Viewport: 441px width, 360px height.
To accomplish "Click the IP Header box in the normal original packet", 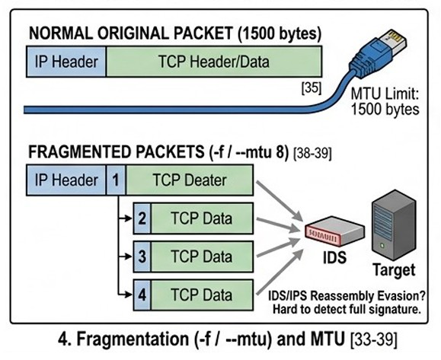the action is pyautogui.click(x=66, y=62).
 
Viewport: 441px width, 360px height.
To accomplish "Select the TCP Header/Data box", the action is pyautogui.click(x=214, y=62).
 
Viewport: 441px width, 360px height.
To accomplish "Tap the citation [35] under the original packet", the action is pyautogui.click(x=311, y=88).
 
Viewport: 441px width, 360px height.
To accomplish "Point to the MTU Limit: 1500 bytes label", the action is pyautogui.click(x=385, y=101).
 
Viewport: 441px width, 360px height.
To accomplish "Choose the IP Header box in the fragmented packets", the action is pyautogui.click(x=66, y=180).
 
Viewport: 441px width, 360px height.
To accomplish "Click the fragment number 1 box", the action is pyautogui.click(x=116, y=180).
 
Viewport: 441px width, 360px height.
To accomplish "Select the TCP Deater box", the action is pyautogui.click(x=190, y=180).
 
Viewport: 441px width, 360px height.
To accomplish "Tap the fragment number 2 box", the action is pyautogui.click(x=142, y=218).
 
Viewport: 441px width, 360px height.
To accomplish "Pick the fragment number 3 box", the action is pyautogui.click(x=142, y=256).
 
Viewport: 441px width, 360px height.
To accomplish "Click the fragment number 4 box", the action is pyautogui.click(x=142, y=295).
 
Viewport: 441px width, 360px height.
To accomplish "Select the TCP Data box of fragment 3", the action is pyautogui.click(x=202, y=256).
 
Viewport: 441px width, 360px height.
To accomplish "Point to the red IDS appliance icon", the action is pyautogui.click(x=334, y=231).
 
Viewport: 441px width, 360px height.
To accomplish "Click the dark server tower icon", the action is pyautogui.click(x=394, y=225).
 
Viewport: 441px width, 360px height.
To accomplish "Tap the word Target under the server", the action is pyautogui.click(x=394, y=270).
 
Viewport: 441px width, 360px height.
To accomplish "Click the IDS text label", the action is pyautogui.click(x=334, y=256).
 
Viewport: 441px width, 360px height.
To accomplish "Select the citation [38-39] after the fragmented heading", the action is pyautogui.click(x=312, y=154).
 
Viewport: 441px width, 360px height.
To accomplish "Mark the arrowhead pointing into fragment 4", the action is pyautogui.click(x=129, y=295).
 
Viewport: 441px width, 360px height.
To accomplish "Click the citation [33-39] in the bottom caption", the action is pyautogui.click(x=374, y=339).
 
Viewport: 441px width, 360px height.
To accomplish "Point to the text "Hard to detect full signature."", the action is pyautogui.click(x=347, y=310).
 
